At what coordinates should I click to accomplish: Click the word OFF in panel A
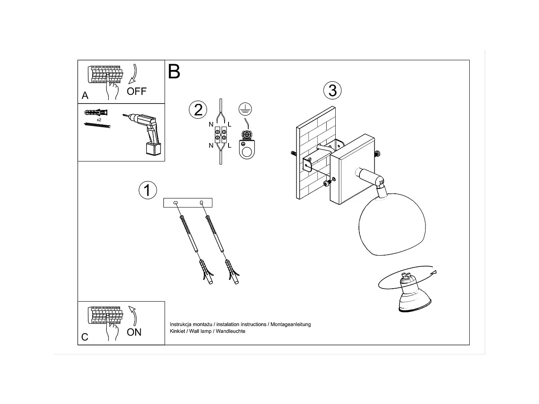click(x=136, y=91)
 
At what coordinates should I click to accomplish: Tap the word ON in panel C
click(x=134, y=332)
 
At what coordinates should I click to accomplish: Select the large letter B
click(x=174, y=72)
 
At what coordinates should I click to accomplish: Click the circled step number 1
click(x=147, y=190)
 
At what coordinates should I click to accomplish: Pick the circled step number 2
click(x=198, y=109)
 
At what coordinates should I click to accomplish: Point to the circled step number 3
click(x=332, y=90)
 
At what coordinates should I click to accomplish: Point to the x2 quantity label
click(x=99, y=119)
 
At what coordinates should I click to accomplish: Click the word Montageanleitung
click(x=291, y=324)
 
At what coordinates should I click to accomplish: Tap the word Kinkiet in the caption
click(x=177, y=331)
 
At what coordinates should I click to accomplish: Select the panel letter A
click(x=85, y=96)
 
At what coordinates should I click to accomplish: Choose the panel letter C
click(x=85, y=337)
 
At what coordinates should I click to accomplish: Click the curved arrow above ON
click(x=133, y=315)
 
